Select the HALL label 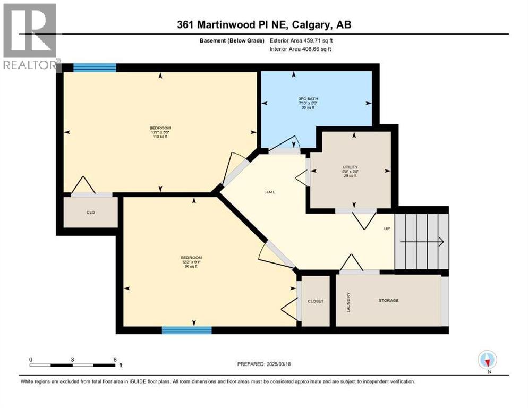coord(270,192)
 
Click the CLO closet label coord(90,212)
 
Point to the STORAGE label coord(388,301)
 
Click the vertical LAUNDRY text coord(348,301)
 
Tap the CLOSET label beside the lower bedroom coord(316,301)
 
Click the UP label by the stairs coord(387,228)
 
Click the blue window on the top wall coord(95,67)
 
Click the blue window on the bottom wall coord(186,330)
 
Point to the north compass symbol coord(487,360)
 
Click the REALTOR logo coord(30,36)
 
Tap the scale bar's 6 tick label coord(115,359)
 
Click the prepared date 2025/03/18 coord(283,364)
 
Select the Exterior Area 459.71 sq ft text coord(301,40)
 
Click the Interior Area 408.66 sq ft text coord(301,49)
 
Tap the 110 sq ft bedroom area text coord(160,138)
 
